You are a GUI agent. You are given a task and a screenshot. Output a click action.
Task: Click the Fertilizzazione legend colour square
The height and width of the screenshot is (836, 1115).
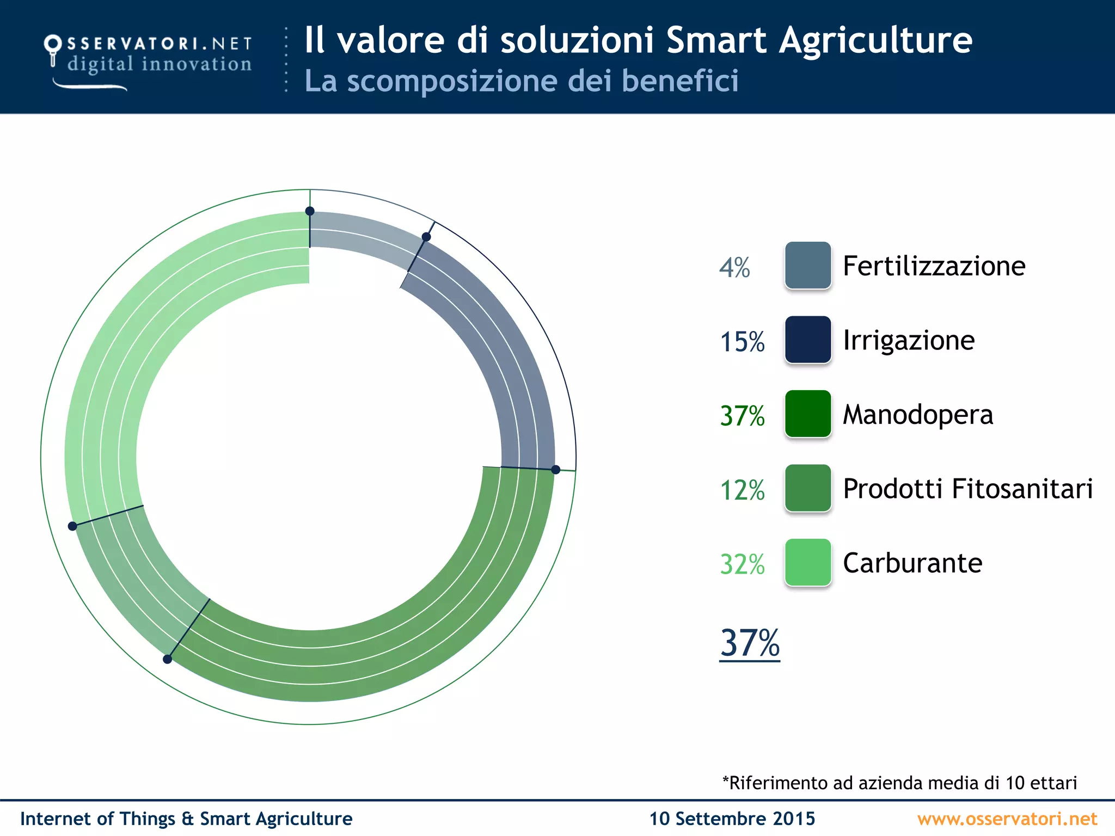coord(808,265)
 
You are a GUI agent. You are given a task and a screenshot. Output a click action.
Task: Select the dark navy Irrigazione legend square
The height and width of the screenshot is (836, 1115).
coord(808,340)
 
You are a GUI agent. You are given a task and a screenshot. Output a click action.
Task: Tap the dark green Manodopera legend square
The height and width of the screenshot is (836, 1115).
coord(808,414)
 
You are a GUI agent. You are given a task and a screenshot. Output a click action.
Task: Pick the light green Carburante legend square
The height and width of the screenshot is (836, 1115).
coord(808,562)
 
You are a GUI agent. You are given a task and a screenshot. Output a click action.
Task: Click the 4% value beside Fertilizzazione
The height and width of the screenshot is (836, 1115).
coord(734,268)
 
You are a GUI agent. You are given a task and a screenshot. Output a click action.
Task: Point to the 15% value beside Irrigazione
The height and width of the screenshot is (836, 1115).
coord(742,342)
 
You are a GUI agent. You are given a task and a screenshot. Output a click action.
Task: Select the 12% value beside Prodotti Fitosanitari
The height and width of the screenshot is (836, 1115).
coord(742,490)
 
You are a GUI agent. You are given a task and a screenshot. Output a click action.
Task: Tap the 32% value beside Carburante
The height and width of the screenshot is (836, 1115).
coord(742,564)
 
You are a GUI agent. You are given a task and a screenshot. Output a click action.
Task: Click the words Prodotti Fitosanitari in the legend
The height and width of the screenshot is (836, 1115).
coord(967,488)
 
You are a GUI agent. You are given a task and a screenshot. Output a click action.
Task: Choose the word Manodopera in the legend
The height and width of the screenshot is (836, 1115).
coord(918,414)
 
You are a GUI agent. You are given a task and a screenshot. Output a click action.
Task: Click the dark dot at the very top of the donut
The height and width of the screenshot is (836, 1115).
coord(310,211)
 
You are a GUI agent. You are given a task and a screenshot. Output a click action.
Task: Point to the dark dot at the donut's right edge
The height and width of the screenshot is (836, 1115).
coord(556,470)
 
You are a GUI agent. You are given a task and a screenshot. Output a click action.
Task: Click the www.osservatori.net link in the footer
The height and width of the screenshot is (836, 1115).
coord(1007,819)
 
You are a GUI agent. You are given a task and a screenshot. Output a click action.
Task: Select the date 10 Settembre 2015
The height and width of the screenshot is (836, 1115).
coord(732,819)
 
